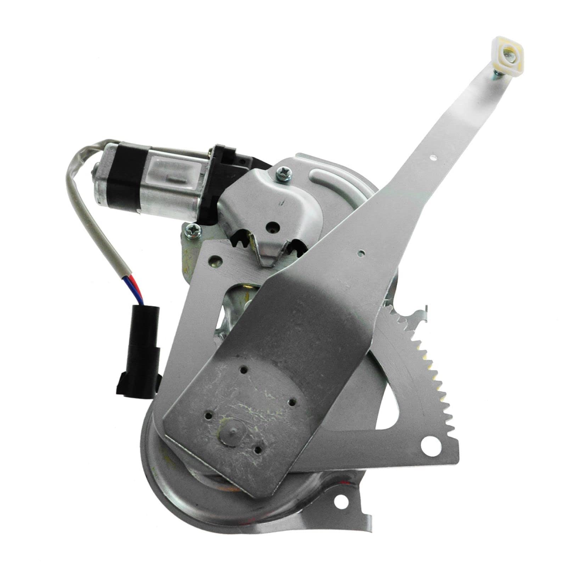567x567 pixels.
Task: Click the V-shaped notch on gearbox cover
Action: [x=269, y=257]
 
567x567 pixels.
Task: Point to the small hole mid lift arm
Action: [x=361, y=253]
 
